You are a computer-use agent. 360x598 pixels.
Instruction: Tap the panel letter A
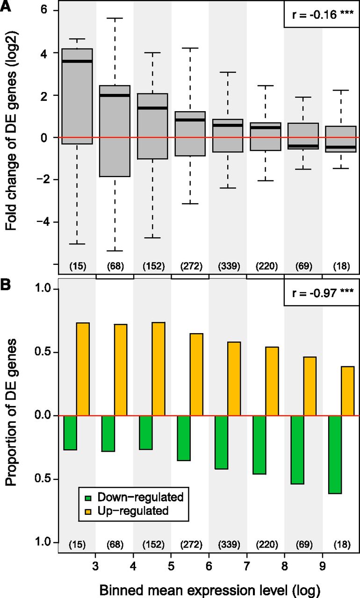6,6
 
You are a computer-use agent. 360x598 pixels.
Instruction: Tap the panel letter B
6,285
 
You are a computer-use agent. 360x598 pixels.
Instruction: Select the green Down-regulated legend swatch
88,498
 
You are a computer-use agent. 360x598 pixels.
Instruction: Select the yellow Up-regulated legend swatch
88,512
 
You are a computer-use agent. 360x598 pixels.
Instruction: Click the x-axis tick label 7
246,566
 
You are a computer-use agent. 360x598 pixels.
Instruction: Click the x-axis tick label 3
95,566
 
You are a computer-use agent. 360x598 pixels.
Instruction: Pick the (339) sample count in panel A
229,266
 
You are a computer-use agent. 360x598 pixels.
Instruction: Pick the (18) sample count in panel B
342,544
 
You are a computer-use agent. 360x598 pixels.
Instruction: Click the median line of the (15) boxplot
77,61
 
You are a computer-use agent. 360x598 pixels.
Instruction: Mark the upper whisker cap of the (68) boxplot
115,18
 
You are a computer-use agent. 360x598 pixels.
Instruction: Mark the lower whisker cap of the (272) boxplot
190,204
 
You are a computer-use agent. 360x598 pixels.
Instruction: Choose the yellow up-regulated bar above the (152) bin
158,369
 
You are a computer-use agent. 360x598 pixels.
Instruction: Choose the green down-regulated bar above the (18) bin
335,455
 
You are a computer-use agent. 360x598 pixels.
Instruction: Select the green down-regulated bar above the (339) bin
222,442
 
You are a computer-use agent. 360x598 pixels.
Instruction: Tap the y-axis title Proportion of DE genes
11,413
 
